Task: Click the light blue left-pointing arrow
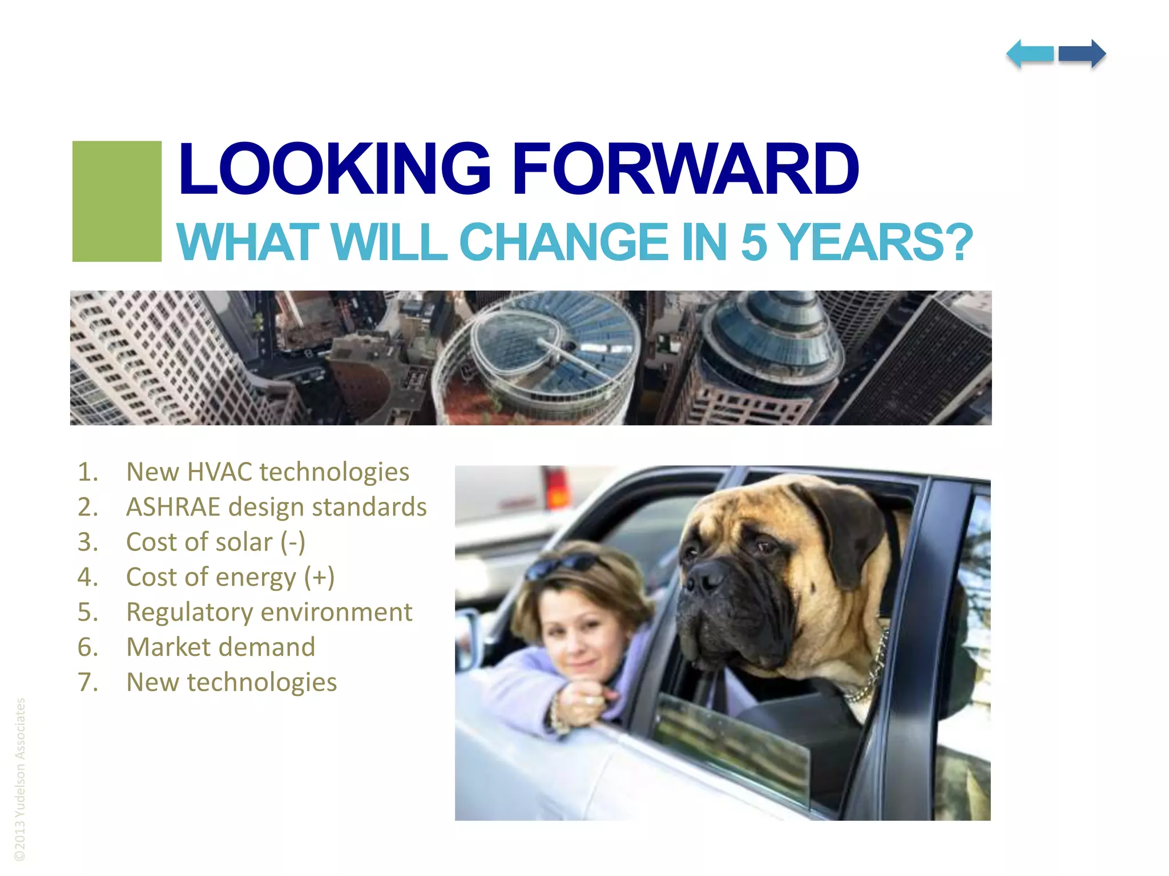(1030, 54)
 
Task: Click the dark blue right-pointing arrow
(1082, 54)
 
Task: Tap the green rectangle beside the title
(117, 201)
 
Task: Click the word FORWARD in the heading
(685, 169)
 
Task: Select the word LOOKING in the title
(334, 169)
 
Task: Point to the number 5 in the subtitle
(753, 242)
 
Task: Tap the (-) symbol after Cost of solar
(293, 542)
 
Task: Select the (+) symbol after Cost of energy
(319, 577)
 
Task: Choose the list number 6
(87, 647)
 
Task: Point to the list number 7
(87, 683)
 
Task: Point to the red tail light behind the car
(557, 488)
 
